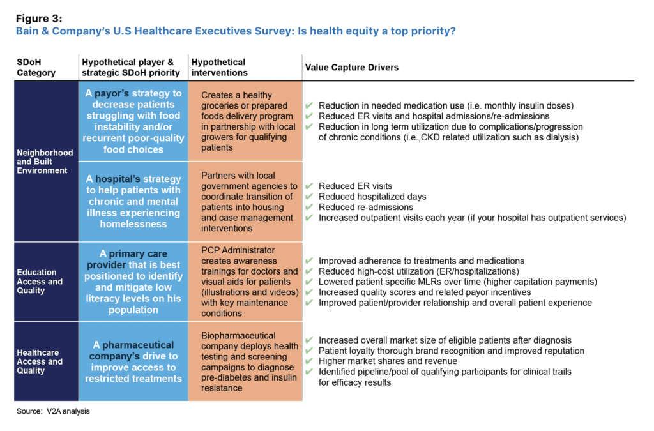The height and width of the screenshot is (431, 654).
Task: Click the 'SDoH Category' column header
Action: [36, 67]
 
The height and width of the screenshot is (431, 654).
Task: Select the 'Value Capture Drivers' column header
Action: [352, 67]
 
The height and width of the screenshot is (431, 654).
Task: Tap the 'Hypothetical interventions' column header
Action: [218, 67]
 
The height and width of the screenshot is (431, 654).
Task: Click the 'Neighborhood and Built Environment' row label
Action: [45, 162]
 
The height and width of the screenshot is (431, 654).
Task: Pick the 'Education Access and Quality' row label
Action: [40, 281]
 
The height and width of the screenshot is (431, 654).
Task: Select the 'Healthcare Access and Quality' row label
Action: [40, 361]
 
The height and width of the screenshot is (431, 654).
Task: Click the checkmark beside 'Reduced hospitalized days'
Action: [309, 197]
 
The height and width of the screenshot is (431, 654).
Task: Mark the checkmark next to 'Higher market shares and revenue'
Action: [309, 361]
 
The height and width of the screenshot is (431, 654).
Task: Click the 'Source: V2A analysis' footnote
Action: [53, 411]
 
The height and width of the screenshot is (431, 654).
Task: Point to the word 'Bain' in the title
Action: [30, 31]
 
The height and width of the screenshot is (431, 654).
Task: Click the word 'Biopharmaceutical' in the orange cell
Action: [238, 336]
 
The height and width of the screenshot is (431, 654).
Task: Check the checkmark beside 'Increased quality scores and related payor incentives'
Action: [309, 292]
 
